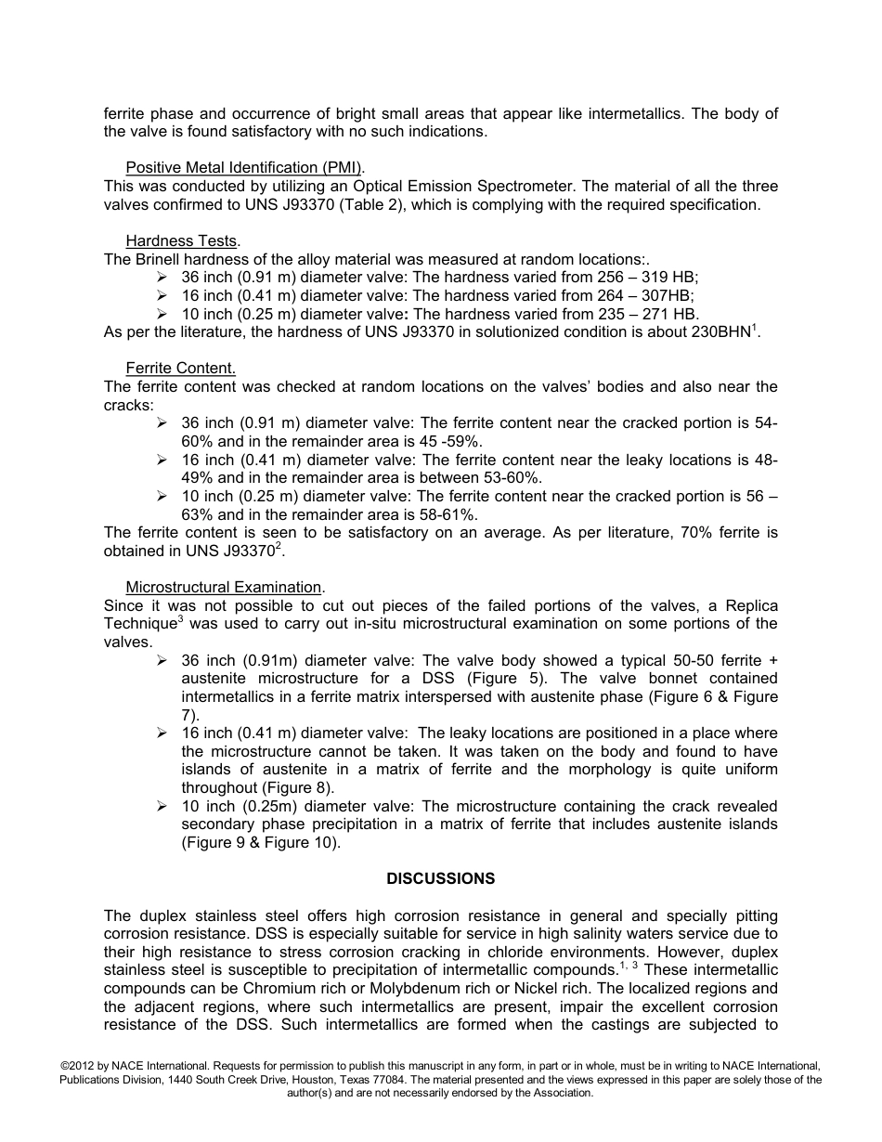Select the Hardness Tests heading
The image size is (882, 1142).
coord(182,241)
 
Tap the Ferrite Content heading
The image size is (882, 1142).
coord(180,369)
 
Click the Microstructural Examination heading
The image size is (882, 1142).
coord(225,588)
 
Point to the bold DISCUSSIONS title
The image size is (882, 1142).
coord(441,878)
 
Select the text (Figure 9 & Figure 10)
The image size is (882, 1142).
coord(261,843)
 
